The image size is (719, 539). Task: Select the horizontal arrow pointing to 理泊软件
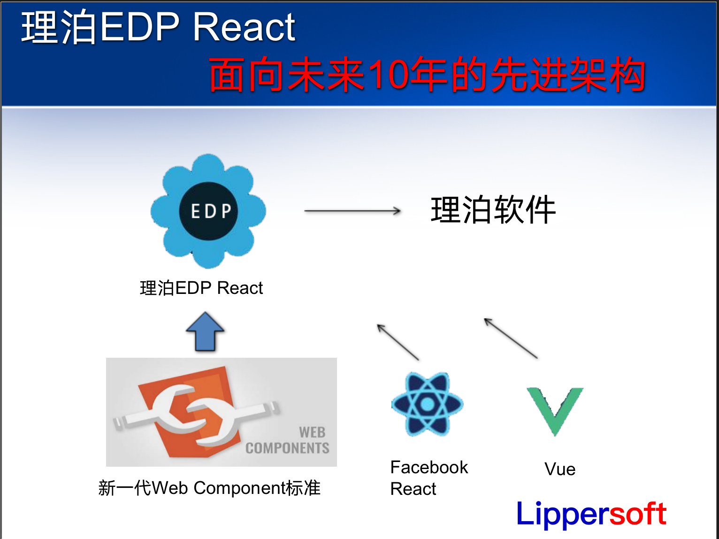(352, 211)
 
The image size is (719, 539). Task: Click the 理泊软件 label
(493, 210)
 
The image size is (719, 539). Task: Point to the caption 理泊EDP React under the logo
(201, 288)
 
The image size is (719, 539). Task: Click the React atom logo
(427, 404)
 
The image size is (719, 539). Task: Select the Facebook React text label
(428, 477)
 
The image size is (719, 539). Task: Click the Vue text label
(560, 469)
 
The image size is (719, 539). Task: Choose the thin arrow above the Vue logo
(511, 338)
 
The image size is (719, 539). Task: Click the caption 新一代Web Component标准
(209, 488)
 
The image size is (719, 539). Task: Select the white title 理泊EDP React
(158, 27)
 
